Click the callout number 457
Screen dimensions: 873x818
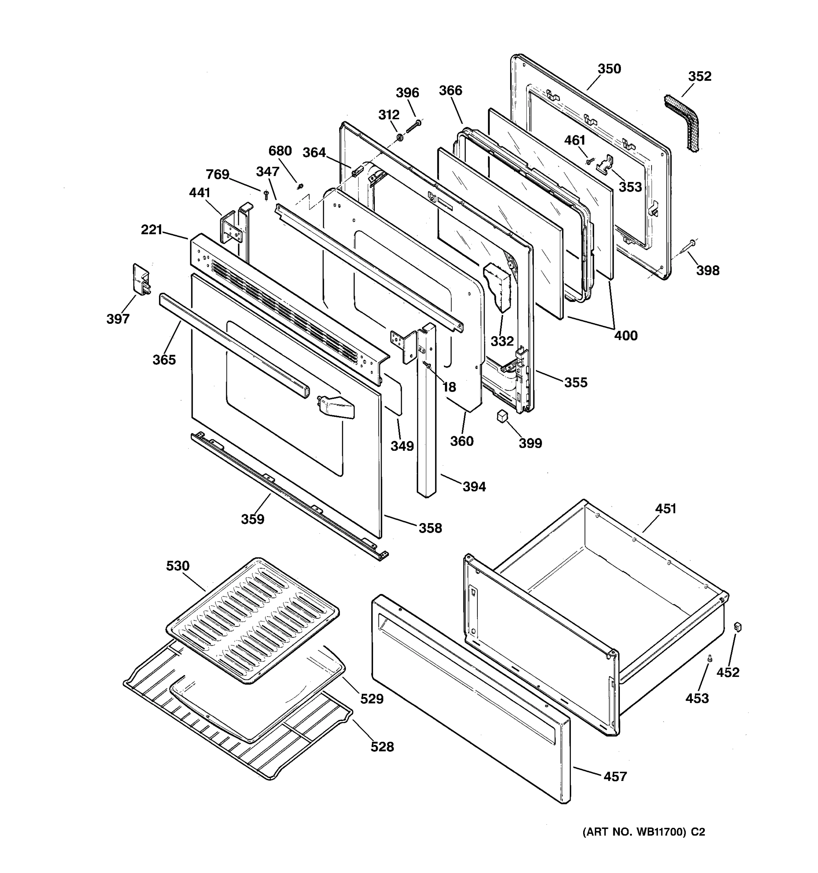click(615, 777)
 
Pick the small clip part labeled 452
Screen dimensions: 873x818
click(737, 627)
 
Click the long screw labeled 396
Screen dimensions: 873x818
click(413, 127)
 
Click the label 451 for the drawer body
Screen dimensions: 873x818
click(665, 509)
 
